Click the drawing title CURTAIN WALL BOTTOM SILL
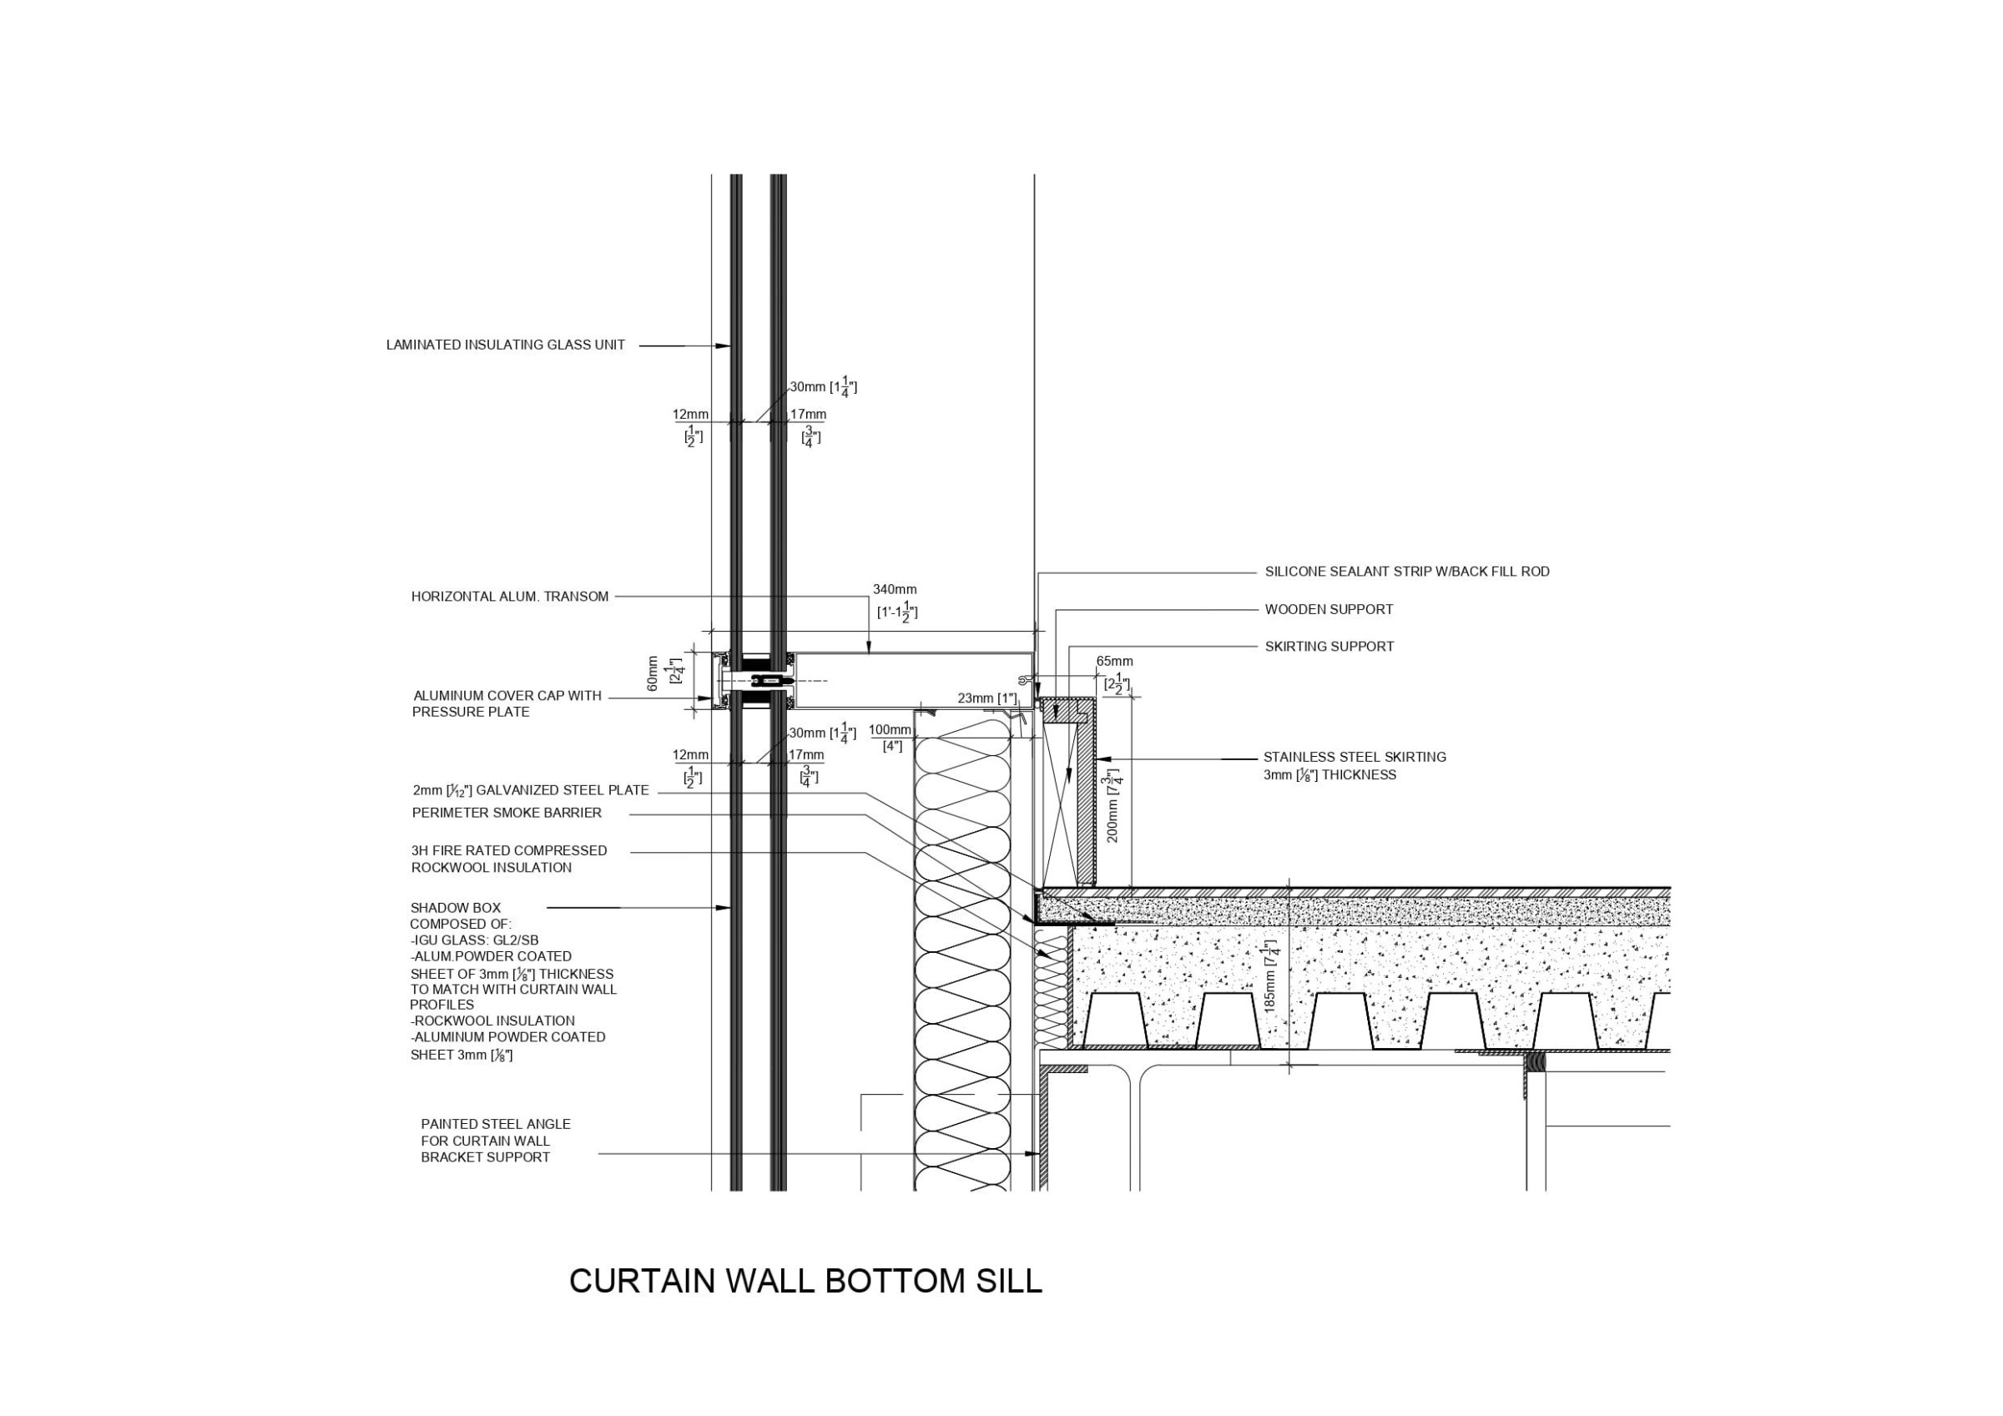point(805,1281)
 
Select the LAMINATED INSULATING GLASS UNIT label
point(505,345)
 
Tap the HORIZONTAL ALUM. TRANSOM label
point(509,597)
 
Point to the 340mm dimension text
point(894,591)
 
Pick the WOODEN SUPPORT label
point(1329,610)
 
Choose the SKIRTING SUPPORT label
point(1329,648)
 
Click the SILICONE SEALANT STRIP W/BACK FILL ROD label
point(1407,572)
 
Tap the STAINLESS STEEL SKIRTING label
point(1354,758)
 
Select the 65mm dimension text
point(1114,663)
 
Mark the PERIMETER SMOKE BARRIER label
point(506,813)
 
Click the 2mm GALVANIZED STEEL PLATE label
point(531,790)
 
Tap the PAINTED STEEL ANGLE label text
point(495,1125)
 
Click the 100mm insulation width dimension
point(889,730)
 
